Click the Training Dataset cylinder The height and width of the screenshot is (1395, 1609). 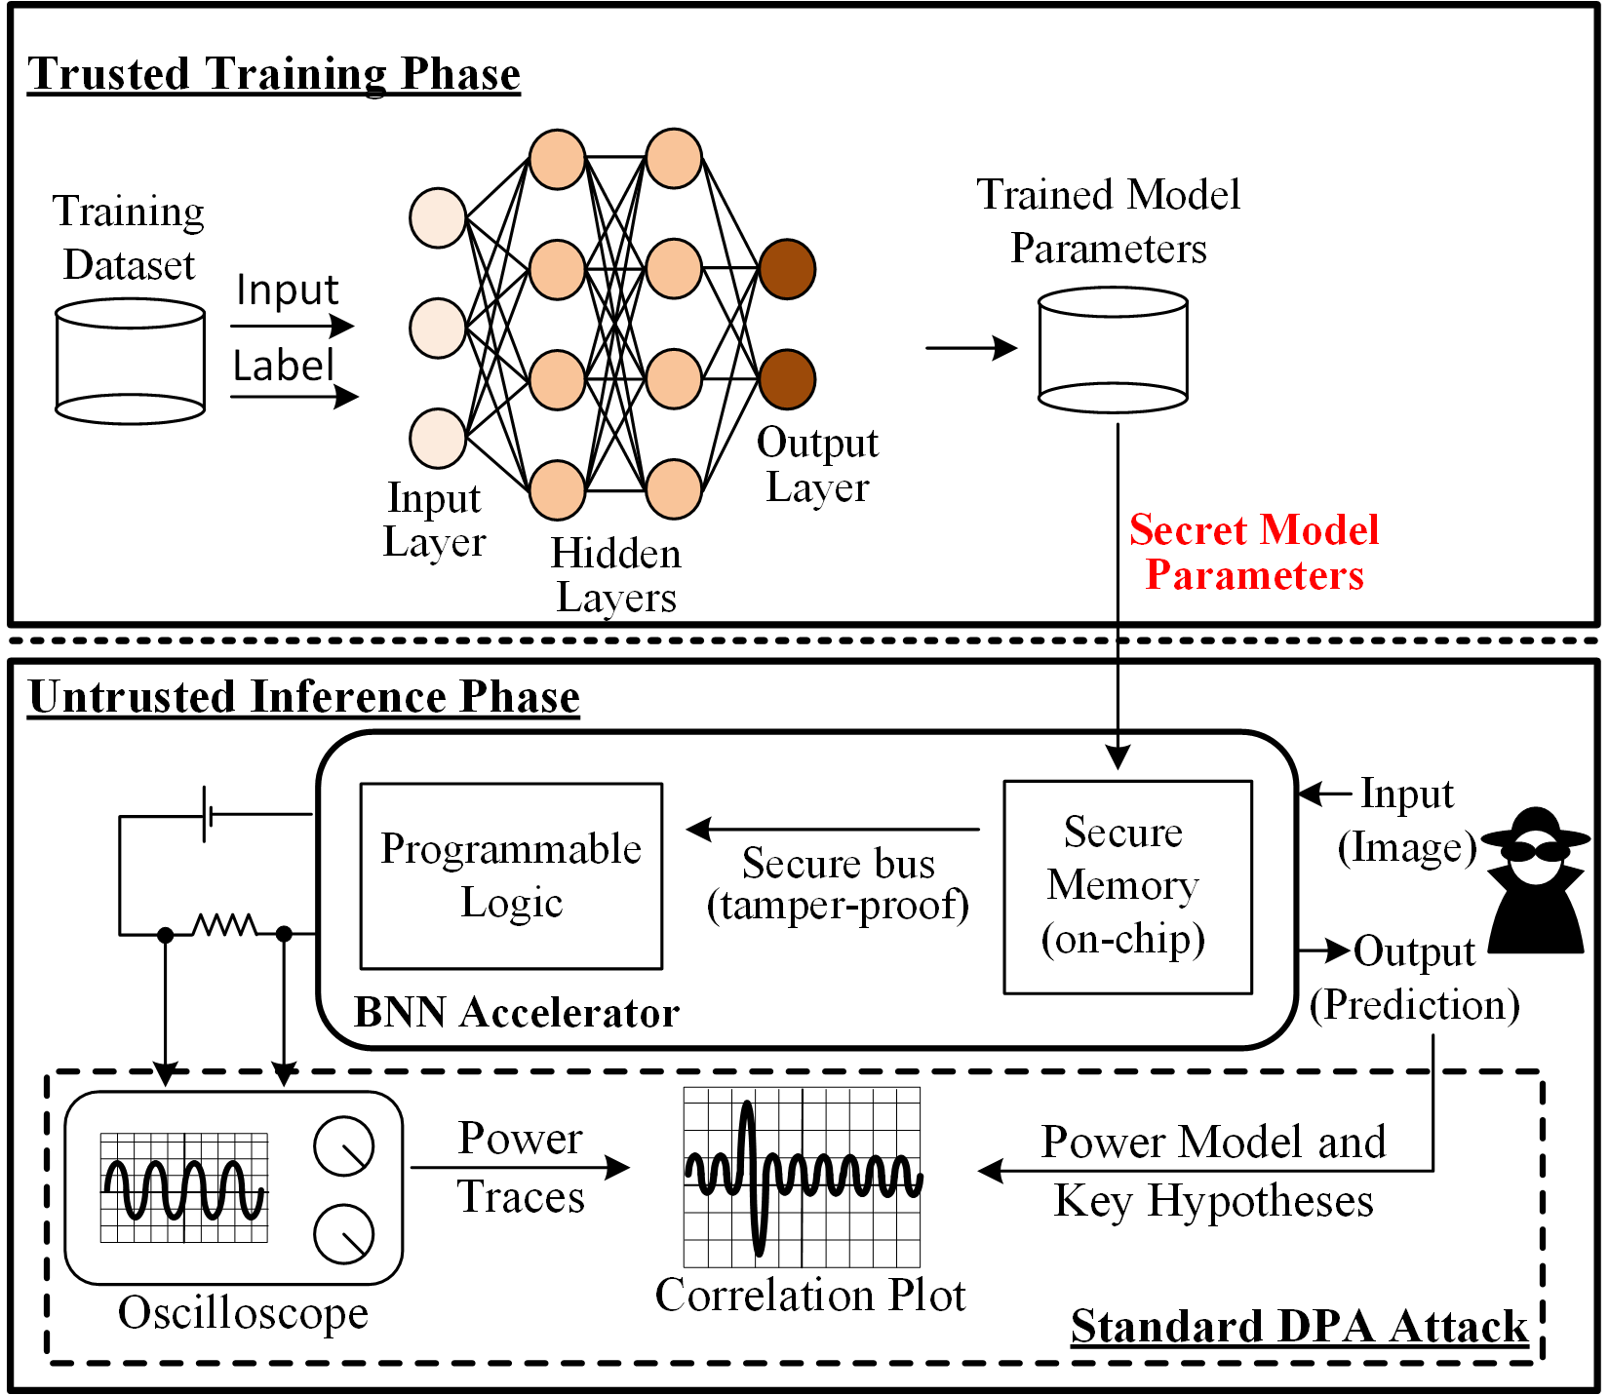click(x=131, y=361)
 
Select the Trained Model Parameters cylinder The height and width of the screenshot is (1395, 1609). click(x=1113, y=349)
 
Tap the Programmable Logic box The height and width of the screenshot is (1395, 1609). click(x=511, y=875)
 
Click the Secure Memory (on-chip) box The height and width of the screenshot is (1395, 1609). click(x=1128, y=886)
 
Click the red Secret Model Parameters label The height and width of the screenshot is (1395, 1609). click(x=1254, y=552)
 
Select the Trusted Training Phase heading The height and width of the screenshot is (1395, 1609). click(x=274, y=74)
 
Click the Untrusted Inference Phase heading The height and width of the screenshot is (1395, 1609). click(x=304, y=697)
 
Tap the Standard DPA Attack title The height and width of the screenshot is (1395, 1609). click(x=1299, y=1326)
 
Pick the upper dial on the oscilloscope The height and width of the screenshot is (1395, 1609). click(x=344, y=1145)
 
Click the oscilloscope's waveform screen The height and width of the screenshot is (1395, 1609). click(x=184, y=1187)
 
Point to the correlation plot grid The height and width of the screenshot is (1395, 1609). click(x=803, y=1177)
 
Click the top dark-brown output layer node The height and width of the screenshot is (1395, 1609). click(x=787, y=269)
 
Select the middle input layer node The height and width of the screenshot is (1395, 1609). click(x=438, y=329)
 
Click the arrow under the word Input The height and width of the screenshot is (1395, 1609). click(x=293, y=326)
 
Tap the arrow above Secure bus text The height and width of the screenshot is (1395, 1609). click(x=833, y=830)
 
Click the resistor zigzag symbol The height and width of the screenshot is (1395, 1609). click(x=225, y=924)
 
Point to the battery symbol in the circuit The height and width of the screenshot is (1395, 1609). click(x=208, y=813)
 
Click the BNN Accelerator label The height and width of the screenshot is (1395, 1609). click(x=517, y=1013)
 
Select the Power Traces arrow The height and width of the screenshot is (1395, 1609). click(x=521, y=1167)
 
